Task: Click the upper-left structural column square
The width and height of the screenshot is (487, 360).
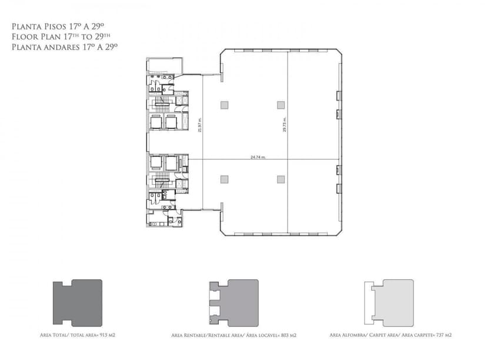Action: (224, 105)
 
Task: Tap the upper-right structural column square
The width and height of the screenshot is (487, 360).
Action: (281, 105)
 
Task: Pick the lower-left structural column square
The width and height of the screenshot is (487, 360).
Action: (224, 179)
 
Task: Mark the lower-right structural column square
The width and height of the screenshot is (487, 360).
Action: (281, 179)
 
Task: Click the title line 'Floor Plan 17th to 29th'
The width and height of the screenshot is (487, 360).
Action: (59, 36)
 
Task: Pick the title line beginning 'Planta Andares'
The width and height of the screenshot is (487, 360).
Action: (65, 46)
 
